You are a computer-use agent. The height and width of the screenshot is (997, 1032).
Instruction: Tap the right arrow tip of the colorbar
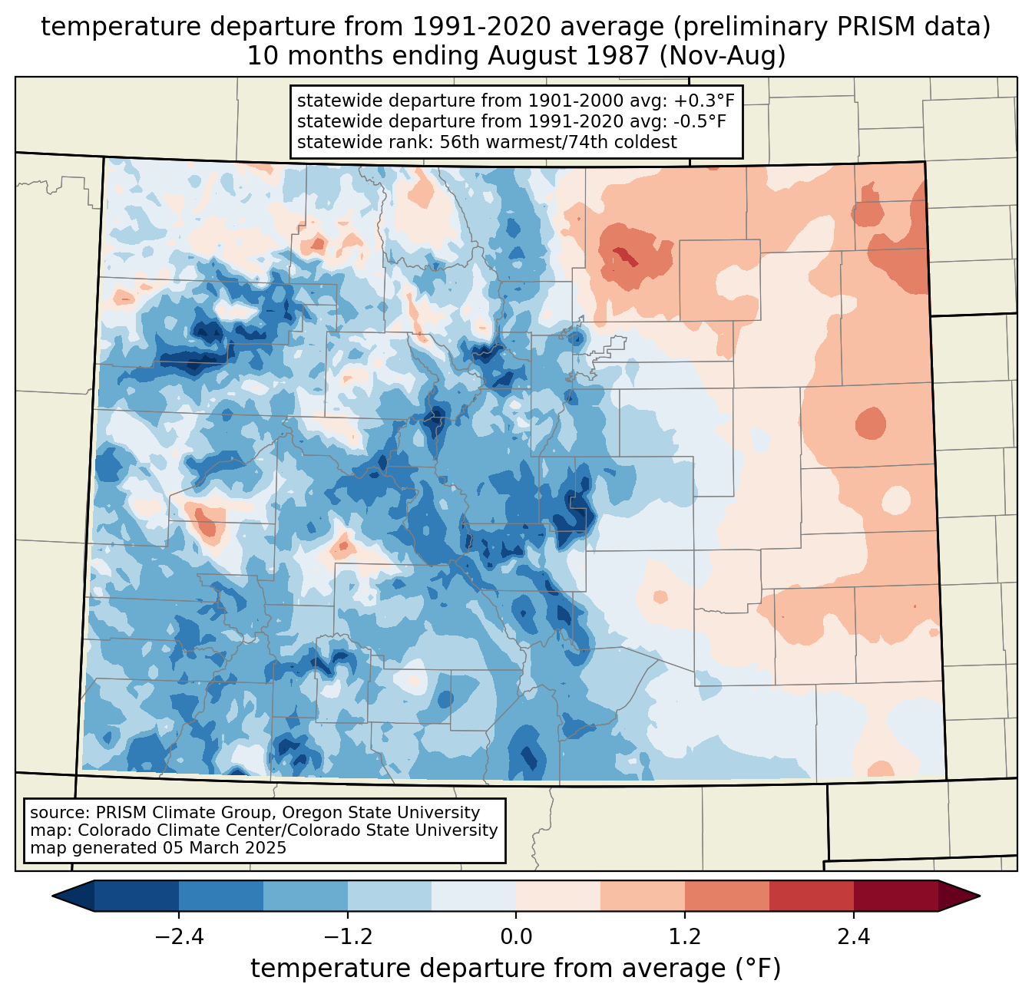click(977, 896)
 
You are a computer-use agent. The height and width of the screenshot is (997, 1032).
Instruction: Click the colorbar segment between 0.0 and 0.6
click(558, 896)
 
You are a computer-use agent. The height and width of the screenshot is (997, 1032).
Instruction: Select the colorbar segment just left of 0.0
click(474, 896)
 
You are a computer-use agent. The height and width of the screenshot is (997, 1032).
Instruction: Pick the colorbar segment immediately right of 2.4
click(895, 896)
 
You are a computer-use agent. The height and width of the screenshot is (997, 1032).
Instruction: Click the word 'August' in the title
click(527, 56)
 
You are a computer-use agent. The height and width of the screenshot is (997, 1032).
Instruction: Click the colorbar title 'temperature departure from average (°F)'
click(516, 969)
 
